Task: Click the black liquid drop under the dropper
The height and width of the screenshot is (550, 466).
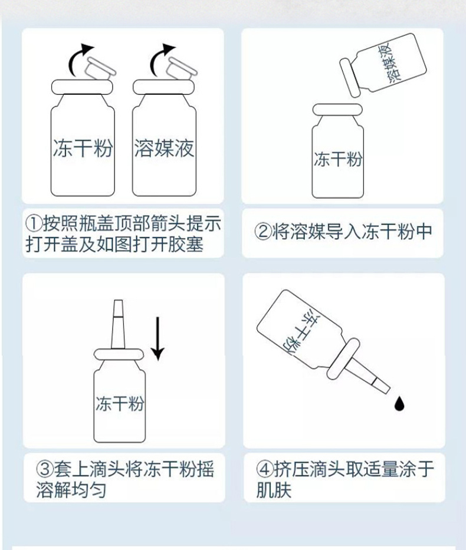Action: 400,404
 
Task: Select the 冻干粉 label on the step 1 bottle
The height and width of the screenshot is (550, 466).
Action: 83,148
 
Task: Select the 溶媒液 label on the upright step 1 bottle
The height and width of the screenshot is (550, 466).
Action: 164,148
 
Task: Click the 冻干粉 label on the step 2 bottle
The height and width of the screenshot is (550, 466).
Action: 338,159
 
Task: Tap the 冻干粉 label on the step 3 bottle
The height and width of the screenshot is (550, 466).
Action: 119,404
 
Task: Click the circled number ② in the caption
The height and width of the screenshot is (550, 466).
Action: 263,231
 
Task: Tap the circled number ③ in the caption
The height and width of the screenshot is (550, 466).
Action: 45,470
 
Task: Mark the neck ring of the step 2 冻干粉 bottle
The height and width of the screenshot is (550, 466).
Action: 338,109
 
